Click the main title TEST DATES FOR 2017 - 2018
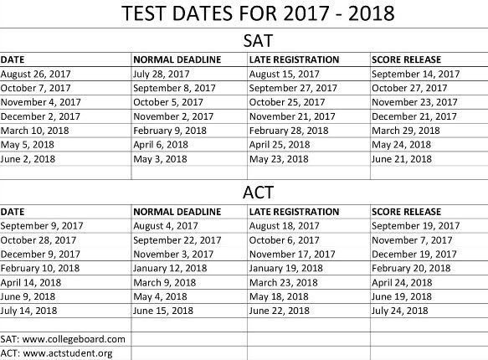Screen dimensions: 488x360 point(243,14)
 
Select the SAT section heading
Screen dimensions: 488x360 point(243,40)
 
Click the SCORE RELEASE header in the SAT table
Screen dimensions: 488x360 point(406,59)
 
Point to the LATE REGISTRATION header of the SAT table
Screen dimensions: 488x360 point(295,59)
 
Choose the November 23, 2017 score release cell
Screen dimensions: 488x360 point(416,102)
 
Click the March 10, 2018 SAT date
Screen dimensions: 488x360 point(34,131)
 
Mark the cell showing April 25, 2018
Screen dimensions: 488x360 point(285,145)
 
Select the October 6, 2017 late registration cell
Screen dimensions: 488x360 point(287,239)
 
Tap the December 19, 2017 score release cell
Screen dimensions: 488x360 point(415,253)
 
